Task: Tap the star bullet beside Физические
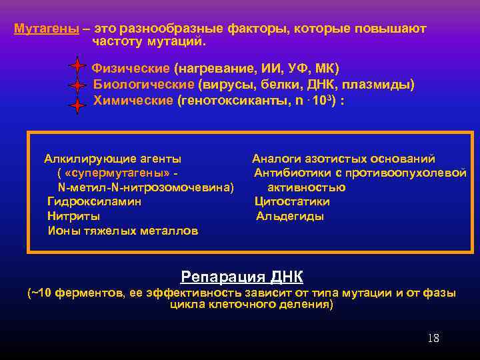(77, 67)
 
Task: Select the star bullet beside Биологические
(77, 86)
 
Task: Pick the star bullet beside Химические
(77, 105)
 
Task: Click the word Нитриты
(74, 216)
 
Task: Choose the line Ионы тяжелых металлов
(123, 231)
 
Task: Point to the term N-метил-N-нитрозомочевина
(146, 187)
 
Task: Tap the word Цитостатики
(292, 201)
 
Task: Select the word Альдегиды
(290, 216)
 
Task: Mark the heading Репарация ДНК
(241, 276)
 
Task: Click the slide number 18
(433, 338)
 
